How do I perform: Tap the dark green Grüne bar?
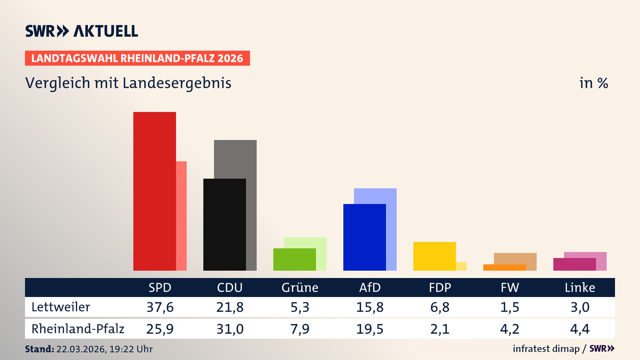(x=294, y=259)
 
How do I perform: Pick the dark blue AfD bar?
(x=364, y=237)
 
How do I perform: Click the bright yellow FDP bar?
(x=434, y=256)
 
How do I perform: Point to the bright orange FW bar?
(x=504, y=267)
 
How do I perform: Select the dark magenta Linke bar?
(x=574, y=264)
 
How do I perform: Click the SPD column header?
(x=160, y=287)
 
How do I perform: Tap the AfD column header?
(x=370, y=287)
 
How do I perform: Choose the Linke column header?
(x=580, y=287)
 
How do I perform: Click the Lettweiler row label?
(x=61, y=307)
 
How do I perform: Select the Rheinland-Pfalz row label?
(x=78, y=329)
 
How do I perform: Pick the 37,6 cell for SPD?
(x=160, y=307)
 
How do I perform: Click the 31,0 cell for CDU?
(x=230, y=329)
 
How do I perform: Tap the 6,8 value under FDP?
(x=440, y=307)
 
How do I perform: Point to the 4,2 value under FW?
(x=510, y=329)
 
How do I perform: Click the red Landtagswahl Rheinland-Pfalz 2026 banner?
(x=137, y=58)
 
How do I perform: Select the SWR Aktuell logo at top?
(x=82, y=31)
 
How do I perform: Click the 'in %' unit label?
(x=593, y=83)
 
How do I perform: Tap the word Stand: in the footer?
(x=39, y=349)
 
